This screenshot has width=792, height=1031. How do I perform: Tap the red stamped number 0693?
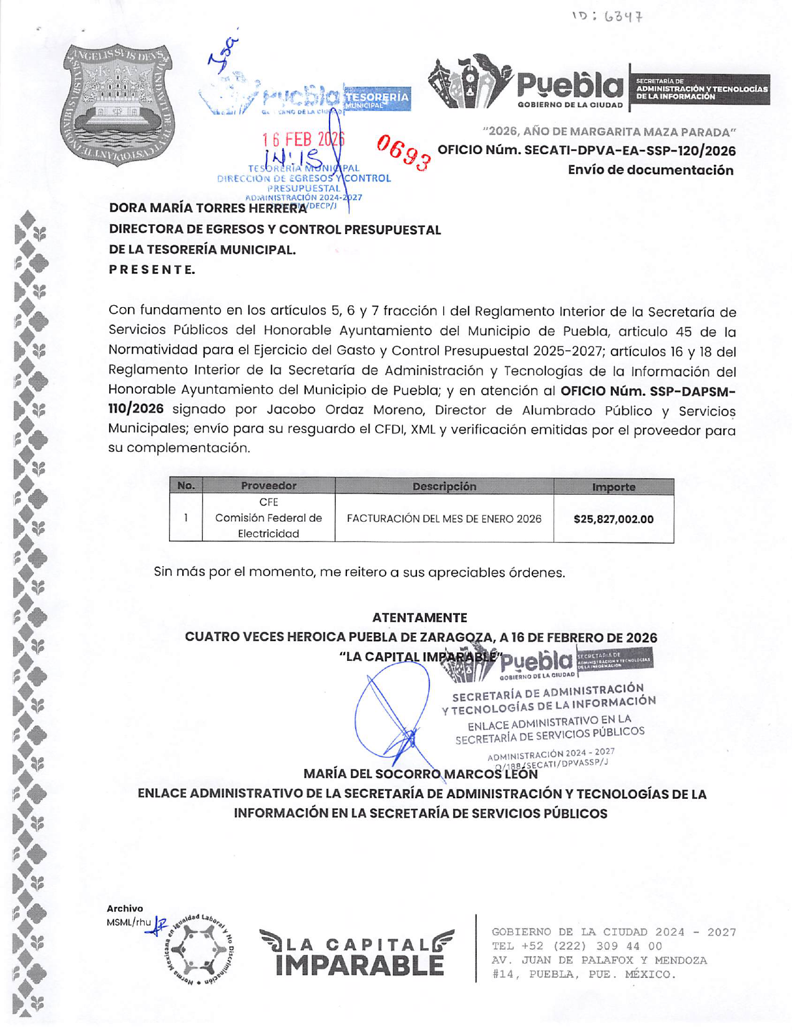coord(404,152)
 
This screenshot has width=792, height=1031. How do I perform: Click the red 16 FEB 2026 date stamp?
coord(303,139)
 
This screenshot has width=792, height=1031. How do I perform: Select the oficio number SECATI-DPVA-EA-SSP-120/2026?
coord(587,151)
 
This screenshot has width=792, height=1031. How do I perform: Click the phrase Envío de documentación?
coord(650,170)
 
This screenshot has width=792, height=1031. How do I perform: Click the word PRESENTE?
coord(152,270)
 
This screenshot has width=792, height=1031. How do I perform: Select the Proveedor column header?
coord(268,486)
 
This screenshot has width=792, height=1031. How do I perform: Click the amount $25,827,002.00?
coord(613,519)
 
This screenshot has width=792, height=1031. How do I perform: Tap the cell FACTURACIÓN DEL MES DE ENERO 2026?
coord(444,519)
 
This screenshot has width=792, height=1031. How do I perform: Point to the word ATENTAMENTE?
coord(419,618)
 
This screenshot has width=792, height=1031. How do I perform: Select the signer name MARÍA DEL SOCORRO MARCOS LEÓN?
coord(420,774)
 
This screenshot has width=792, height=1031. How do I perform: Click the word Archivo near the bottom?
coord(125,909)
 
